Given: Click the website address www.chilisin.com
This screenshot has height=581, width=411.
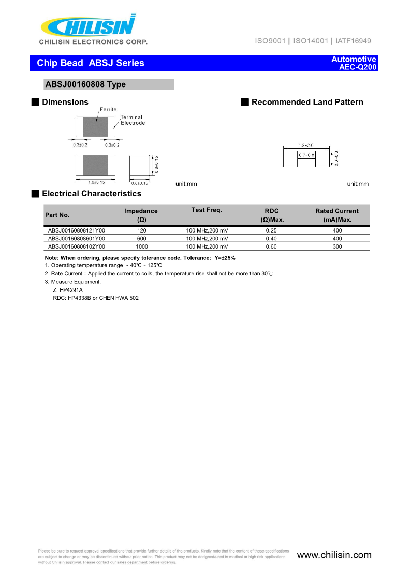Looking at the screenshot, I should [x=334, y=555].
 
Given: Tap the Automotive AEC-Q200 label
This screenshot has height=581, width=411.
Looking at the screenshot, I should [x=354, y=63].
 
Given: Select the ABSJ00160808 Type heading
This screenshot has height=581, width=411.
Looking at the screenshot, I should [x=85, y=84].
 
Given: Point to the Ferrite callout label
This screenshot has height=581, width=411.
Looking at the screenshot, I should [x=108, y=110].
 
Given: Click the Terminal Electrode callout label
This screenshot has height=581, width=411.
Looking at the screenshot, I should [x=133, y=120].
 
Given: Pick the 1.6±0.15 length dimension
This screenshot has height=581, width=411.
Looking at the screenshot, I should [x=96, y=183].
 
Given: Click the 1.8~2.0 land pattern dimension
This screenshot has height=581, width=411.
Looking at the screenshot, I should [x=306, y=146].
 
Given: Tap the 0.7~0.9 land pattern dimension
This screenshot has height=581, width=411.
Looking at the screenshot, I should [x=306, y=155].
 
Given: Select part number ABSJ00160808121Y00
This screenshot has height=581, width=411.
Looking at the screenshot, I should [x=76, y=230].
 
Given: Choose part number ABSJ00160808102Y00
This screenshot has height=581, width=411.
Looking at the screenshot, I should [x=76, y=246].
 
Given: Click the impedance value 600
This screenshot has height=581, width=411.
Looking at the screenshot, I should [x=141, y=238].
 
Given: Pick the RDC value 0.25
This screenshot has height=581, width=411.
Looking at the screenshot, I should [x=271, y=230].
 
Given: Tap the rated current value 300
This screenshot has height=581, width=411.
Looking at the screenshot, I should [x=337, y=246].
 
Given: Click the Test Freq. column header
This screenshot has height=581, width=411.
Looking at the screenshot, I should [x=206, y=210].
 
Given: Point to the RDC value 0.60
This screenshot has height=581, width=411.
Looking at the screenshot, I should [x=271, y=246].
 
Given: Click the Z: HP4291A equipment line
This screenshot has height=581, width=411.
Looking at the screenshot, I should [x=68, y=290].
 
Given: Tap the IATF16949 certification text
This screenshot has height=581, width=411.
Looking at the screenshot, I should [x=353, y=41].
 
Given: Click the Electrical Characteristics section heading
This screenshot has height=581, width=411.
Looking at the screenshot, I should [x=91, y=194].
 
